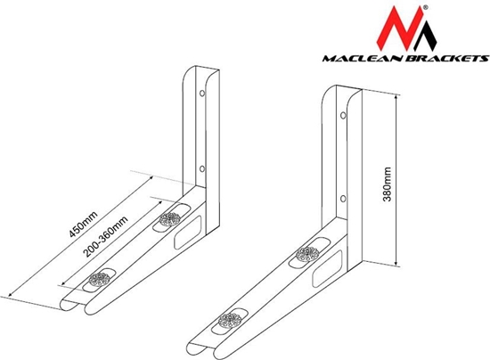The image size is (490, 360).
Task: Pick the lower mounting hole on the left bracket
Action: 202,167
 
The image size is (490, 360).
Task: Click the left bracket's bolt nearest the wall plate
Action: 167,219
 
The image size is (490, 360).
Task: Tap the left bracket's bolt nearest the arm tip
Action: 96,280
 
